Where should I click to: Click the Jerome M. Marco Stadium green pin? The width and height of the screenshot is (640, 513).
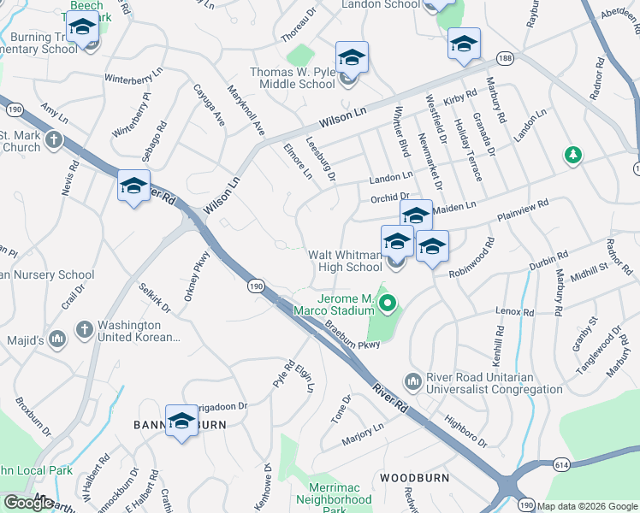click(x=388, y=303)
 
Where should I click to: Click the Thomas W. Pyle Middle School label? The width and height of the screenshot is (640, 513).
click(x=293, y=78)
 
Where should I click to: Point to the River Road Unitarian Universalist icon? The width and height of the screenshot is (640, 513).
click(x=413, y=380)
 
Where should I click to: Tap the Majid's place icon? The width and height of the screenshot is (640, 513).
click(x=57, y=339)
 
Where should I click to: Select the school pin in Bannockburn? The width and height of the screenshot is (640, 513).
click(x=181, y=421)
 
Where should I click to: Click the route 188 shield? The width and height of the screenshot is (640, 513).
click(x=505, y=57)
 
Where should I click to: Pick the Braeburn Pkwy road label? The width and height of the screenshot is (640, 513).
click(x=351, y=335)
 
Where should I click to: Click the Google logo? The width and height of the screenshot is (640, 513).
click(x=29, y=502)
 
